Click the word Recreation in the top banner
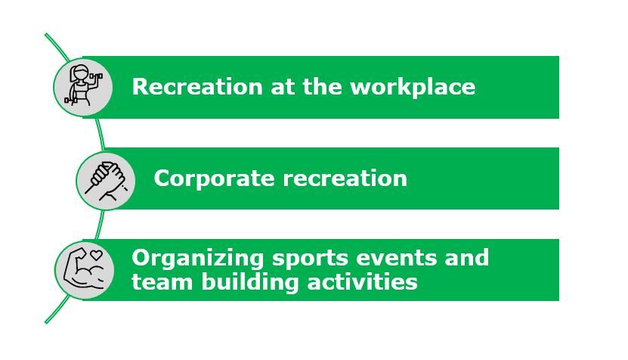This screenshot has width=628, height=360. pos(197,86)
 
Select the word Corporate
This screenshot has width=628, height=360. pos(215,178)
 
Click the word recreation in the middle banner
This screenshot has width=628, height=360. pos(345,178)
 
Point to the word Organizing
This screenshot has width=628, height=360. pos(197,258)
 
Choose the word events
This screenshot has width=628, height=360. pos(397,258)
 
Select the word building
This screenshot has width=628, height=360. pos(250,282)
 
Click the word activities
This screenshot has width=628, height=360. pos(363,281)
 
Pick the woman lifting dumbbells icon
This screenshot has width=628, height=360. pos(83,86)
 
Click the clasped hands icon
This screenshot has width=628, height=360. pos(106,181)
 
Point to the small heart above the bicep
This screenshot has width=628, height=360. pos(96,254)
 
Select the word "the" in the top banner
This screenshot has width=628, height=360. pos(322,86)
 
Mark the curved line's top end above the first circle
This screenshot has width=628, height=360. pos(46,35)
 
